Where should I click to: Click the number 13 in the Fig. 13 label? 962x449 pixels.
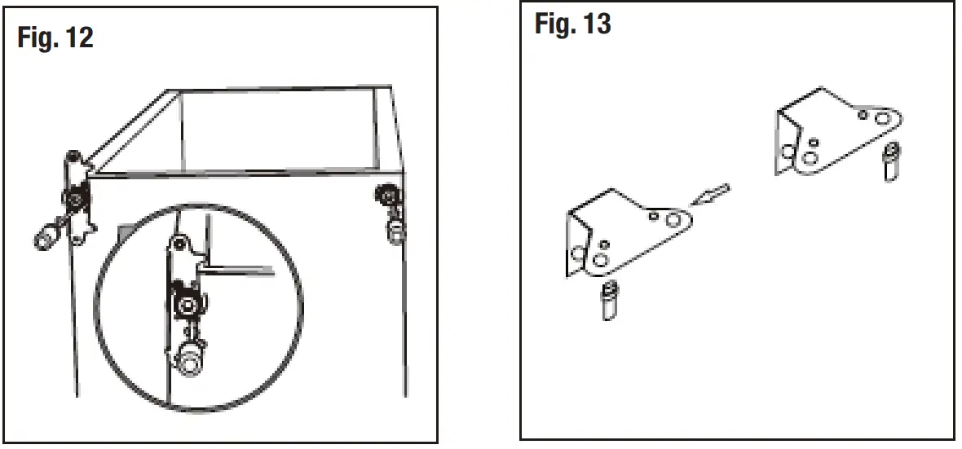click(x=597, y=24)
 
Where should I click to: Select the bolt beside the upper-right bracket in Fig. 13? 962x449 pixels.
click(x=892, y=162)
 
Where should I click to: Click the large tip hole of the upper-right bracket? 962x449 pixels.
click(x=881, y=119)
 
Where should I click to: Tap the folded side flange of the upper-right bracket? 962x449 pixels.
click(x=785, y=143)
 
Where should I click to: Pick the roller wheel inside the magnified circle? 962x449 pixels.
click(x=188, y=304)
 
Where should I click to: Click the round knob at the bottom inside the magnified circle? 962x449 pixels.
click(x=190, y=359)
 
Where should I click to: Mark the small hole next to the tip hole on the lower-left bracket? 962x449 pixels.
click(x=655, y=217)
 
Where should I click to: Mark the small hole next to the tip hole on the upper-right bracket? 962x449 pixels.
click(x=863, y=115)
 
